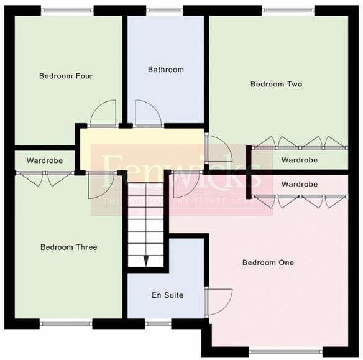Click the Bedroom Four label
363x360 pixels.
point(66,76)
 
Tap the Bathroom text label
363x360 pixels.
point(166,70)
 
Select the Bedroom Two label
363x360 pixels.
point(276,84)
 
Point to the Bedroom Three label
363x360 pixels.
point(68,247)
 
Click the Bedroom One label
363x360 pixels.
point(268,262)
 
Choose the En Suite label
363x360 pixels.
point(167,295)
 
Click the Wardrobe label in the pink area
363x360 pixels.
point(299,184)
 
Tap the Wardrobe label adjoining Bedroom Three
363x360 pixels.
point(45,160)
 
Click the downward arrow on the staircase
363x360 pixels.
point(147,260)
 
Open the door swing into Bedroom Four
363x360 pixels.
point(103,113)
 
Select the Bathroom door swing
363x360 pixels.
point(148,113)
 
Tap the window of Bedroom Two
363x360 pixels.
point(287,11)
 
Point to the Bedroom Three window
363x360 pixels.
point(67,323)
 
